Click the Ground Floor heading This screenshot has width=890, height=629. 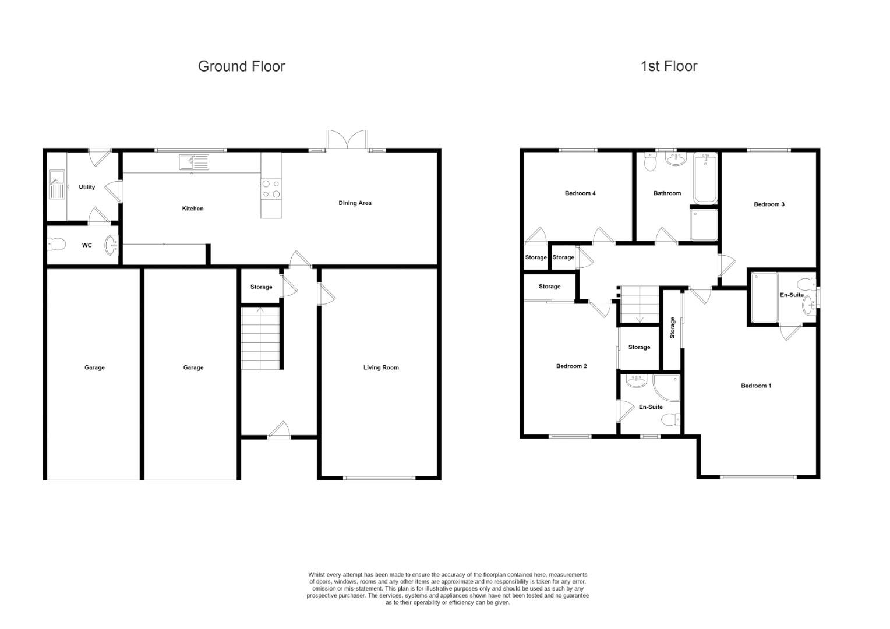point(241,66)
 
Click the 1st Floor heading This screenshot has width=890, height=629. point(669,66)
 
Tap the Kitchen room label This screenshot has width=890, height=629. point(193,209)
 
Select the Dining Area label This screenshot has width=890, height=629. point(355,203)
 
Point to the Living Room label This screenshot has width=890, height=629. point(381,367)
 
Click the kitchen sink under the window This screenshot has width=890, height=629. point(194,162)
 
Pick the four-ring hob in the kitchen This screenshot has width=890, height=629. point(271,189)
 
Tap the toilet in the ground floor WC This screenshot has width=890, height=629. point(56,245)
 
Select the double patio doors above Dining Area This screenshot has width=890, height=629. point(347,140)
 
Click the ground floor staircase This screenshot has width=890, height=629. point(261,338)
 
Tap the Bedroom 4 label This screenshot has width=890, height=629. point(580,193)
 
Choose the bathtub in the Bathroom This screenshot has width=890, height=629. point(705,178)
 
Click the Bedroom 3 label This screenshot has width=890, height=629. point(769,204)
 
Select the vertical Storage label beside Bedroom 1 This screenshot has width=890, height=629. point(672,328)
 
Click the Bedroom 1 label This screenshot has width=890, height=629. point(756,386)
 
